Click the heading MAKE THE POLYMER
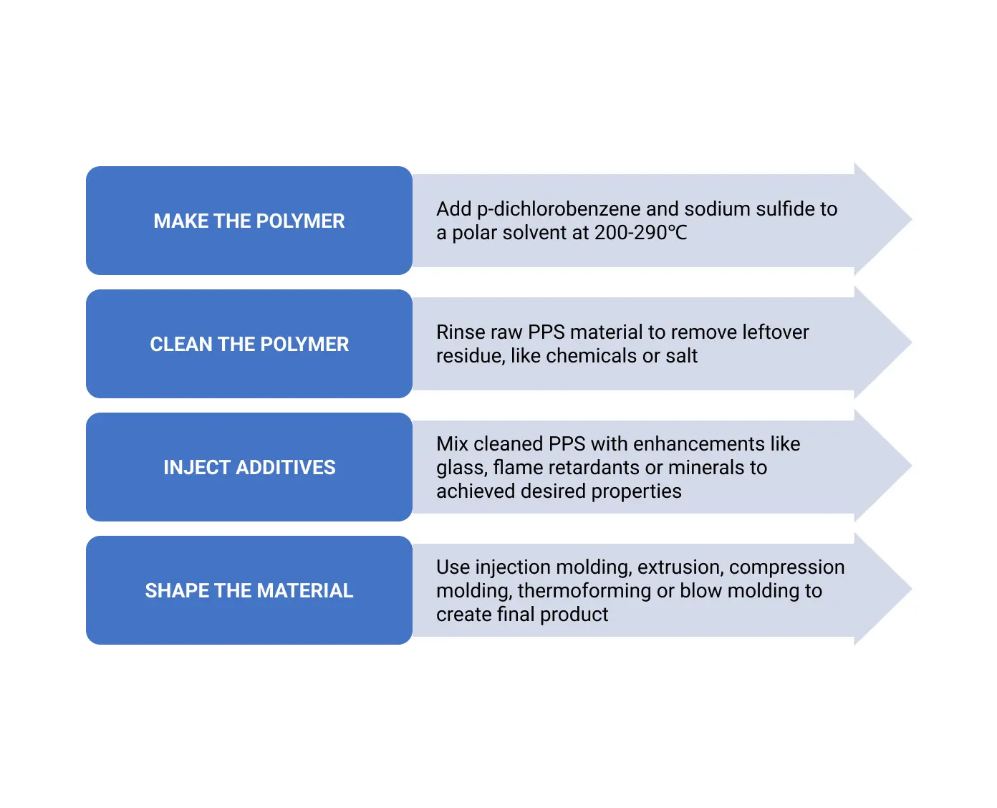(249, 221)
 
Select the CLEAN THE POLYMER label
(249, 344)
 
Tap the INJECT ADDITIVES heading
(249, 467)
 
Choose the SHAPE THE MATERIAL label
(249, 590)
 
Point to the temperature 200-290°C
(640, 233)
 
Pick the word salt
(681, 356)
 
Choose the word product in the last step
(574, 615)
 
